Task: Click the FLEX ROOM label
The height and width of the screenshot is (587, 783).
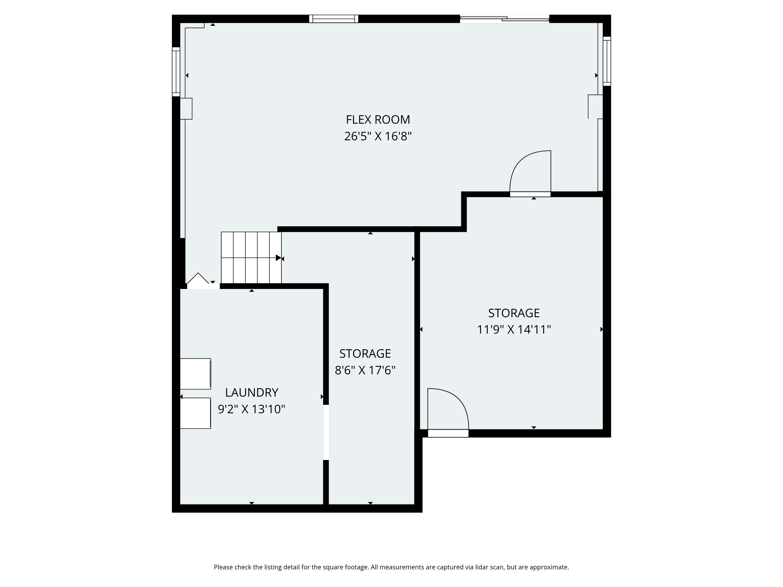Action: [x=378, y=119]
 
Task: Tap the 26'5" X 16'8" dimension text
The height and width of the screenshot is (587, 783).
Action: [x=378, y=136]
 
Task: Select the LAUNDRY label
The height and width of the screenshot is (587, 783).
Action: [x=251, y=392]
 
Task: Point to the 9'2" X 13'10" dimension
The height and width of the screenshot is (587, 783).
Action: [x=251, y=409]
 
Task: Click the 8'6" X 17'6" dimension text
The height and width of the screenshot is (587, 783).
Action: [x=365, y=370]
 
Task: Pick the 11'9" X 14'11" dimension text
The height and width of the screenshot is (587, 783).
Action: [x=514, y=330]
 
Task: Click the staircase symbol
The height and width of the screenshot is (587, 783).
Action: [x=251, y=257]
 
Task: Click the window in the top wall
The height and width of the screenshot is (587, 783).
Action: [x=334, y=19]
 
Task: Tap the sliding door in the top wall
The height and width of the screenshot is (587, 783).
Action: [x=505, y=19]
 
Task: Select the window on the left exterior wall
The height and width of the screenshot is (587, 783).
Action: [x=176, y=71]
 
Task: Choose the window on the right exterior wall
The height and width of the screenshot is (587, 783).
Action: [x=607, y=61]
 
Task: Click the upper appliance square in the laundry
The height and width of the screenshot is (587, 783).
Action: [x=195, y=374]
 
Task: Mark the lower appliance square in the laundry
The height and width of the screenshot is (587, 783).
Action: [x=195, y=413]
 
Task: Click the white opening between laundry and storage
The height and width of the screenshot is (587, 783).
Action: [x=326, y=432]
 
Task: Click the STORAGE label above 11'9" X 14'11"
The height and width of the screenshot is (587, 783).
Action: [x=514, y=313]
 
